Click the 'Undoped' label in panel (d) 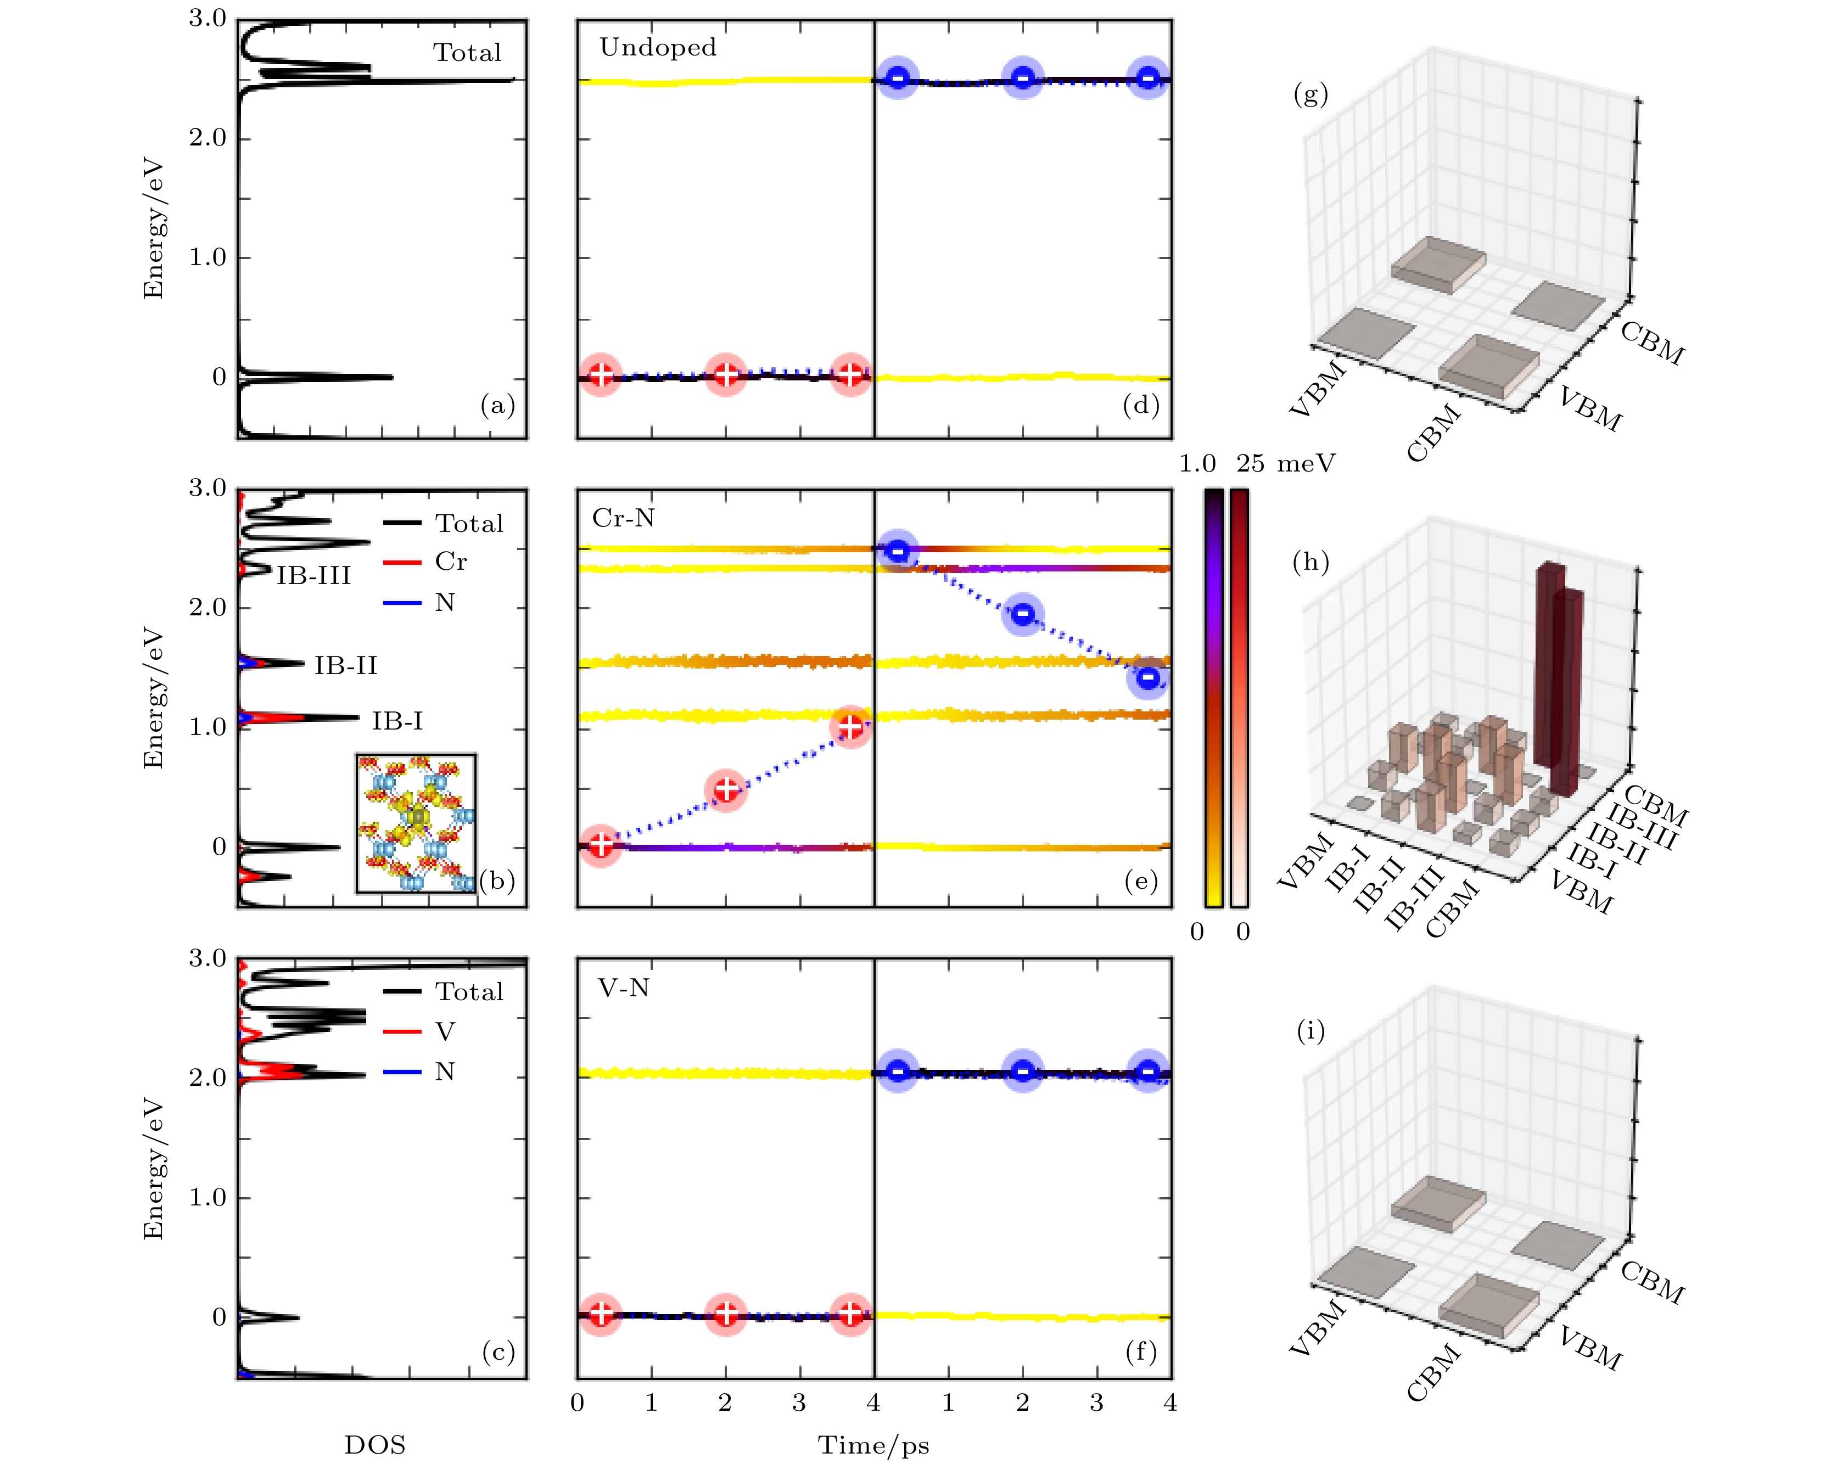(658, 48)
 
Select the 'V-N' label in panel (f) (624, 989)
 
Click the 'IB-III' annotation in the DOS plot (313, 576)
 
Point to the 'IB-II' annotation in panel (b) (345, 665)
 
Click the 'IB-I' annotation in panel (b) (397, 722)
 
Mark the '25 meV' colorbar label (1286, 463)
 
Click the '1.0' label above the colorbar (1197, 463)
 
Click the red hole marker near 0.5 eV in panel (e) (726, 789)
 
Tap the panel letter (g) (1310, 94)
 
